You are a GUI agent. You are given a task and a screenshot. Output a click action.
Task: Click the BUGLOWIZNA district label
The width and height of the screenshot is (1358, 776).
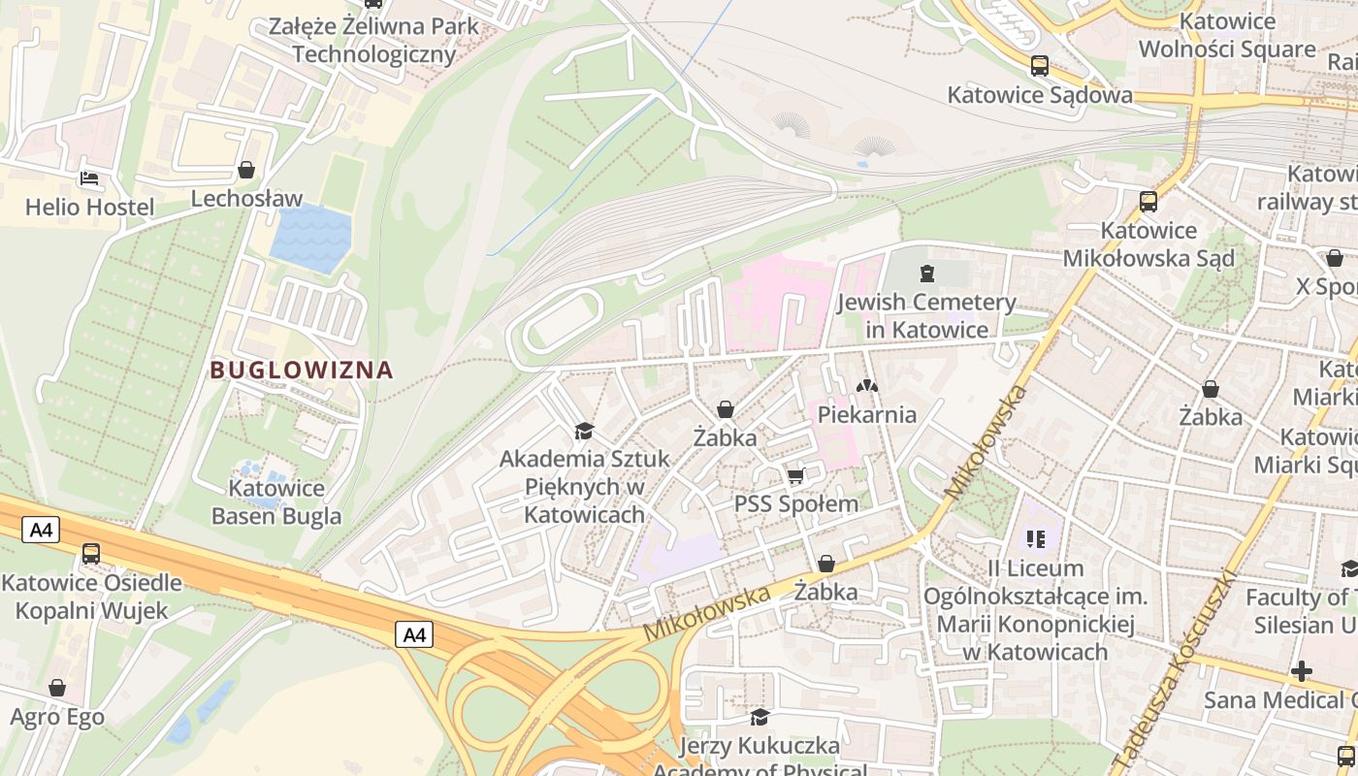tap(302, 370)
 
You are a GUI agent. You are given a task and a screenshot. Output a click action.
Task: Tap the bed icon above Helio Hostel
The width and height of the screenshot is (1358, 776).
tap(89, 178)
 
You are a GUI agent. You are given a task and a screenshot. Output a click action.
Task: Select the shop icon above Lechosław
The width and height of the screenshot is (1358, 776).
tap(246, 170)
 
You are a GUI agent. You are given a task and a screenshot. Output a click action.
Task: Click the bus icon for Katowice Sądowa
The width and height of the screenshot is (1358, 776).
tap(1040, 66)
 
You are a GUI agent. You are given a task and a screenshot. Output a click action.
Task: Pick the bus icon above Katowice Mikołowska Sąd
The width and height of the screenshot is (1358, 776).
tap(1148, 202)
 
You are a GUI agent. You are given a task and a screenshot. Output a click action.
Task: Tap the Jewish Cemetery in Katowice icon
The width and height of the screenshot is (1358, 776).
tap(926, 274)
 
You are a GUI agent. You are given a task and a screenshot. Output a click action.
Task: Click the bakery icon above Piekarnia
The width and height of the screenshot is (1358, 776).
tap(866, 386)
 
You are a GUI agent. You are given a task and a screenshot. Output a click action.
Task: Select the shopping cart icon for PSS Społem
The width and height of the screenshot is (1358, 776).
tap(796, 475)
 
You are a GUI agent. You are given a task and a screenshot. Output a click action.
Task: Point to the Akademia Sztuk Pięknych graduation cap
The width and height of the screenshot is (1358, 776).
tap(584, 431)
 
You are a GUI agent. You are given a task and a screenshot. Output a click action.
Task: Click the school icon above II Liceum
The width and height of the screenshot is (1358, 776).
tap(1035, 537)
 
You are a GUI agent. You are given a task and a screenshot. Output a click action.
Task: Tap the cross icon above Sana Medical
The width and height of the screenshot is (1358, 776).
tap(1302, 670)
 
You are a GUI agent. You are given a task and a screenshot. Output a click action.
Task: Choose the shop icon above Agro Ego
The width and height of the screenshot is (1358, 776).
tap(57, 688)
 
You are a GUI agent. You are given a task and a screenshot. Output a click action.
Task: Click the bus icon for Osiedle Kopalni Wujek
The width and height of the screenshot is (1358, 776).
tap(90, 554)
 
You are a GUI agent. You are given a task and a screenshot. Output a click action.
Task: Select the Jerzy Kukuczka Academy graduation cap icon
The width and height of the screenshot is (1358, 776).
tap(760, 717)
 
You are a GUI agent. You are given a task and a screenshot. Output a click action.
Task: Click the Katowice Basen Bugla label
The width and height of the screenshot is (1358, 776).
tap(276, 501)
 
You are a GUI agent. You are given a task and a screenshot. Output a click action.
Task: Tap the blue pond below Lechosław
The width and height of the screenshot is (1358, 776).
tap(310, 239)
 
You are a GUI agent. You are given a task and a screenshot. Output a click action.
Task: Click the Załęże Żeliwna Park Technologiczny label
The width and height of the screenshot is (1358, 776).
tap(374, 40)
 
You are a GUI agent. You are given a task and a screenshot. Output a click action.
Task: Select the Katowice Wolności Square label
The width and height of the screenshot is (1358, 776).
tap(1227, 35)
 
